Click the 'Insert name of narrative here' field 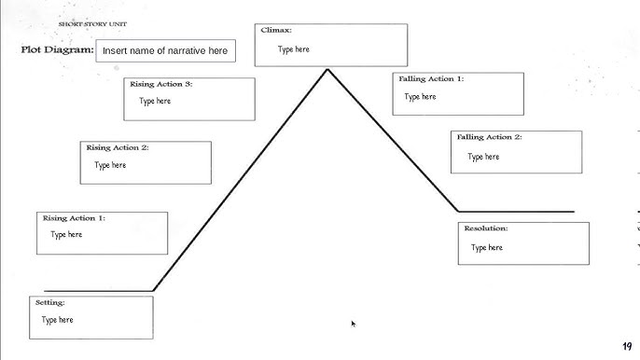point(165,50)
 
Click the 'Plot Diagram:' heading point(57,50)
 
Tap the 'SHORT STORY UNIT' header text point(93,23)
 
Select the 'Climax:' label point(276,31)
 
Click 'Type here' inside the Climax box point(293,49)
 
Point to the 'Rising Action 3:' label point(161,84)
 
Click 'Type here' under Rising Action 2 point(110,165)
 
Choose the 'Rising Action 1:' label point(74,218)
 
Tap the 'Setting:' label point(49,303)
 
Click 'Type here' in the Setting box point(57,320)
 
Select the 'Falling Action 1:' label point(431,79)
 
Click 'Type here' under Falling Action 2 point(483,157)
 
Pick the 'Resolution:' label point(486,228)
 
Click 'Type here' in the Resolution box point(486,247)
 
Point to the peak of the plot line point(327,69)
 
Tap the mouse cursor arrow point(353,323)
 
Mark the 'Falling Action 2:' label point(489,137)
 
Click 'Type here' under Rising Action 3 point(155,101)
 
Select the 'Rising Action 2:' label point(118,147)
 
